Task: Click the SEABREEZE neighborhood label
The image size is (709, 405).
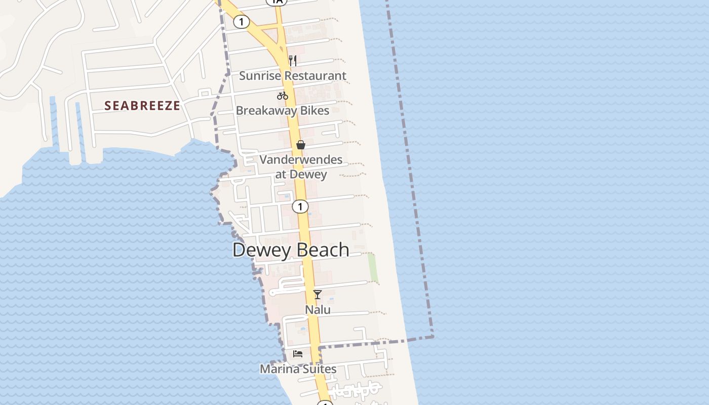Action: (x=142, y=105)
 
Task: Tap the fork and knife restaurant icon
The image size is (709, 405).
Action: (x=292, y=61)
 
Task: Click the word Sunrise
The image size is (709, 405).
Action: (x=259, y=76)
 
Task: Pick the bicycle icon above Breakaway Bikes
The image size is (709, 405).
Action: (x=282, y=95)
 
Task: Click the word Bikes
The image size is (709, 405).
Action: (x=316, y=110)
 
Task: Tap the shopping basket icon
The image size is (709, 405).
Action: (x=300, y=145)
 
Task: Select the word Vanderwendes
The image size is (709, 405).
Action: (x=301, y=160)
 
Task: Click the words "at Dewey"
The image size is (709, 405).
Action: (x=301, y=174)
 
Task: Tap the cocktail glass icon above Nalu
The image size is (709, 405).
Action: (x=318, y=294)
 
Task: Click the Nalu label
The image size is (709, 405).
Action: (x=318, y=309)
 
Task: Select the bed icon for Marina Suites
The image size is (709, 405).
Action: (x=298, y=353)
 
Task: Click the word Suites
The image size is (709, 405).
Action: (x=320, y=369)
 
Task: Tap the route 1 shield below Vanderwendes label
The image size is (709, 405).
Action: (x=300, y=207)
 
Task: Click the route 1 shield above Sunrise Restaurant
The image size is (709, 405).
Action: (x=242, y=21)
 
